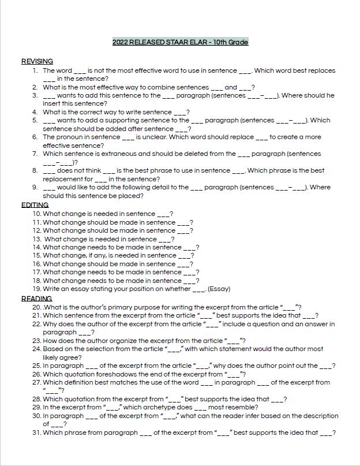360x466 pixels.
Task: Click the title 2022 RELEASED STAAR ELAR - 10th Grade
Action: pos(180,42)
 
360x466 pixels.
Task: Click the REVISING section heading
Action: pos(37,61)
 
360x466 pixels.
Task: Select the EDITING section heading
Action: pos(35,205)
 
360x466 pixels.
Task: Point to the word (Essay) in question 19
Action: pos(219,289)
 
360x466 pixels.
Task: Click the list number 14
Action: pos(36,247)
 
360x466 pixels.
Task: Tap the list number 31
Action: pos(36,433)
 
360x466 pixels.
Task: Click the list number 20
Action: pos(36,307)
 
